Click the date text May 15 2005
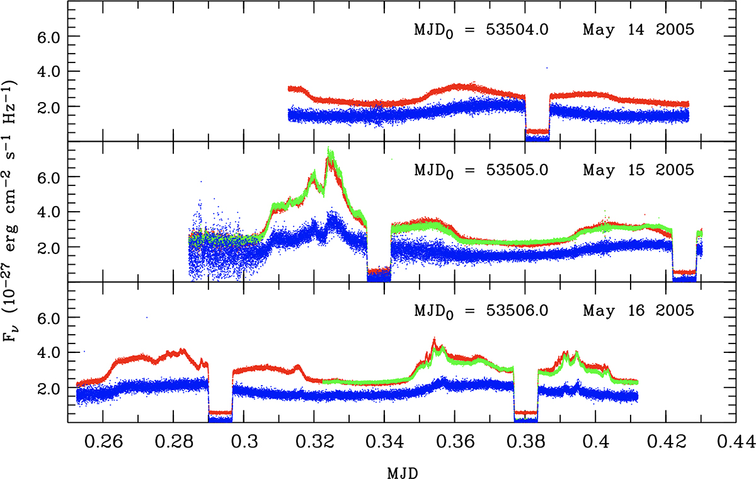coord(639,171)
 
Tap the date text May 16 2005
coord(639,311)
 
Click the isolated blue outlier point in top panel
coord(547,67)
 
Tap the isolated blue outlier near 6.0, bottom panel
coord(147,317)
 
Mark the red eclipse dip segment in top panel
coord(537,131)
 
